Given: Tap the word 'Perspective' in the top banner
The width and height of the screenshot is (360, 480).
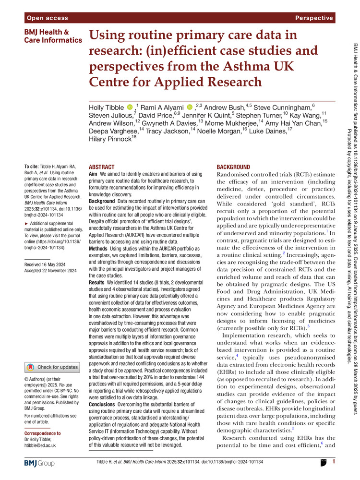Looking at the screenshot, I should pos(314,18).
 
